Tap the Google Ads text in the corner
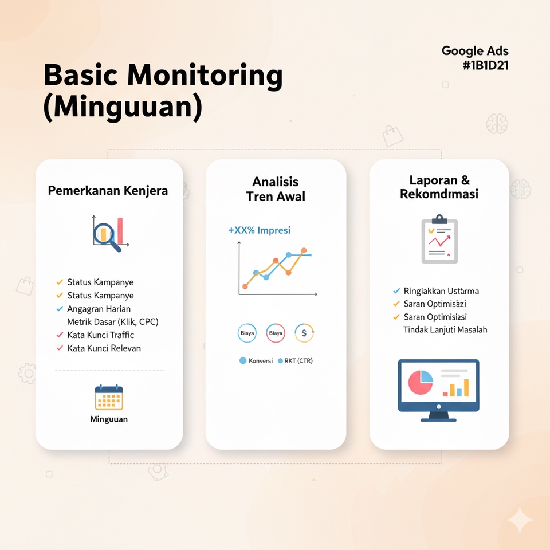[475, 51]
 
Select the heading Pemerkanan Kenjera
[108, 191]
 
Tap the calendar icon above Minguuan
[109, 398]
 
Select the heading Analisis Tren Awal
[276, 189]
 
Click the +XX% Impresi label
[259, 230]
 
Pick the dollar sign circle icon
[304, 333]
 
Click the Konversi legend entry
[256, 360]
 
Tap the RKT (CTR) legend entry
[295, 360]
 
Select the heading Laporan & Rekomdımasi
[439, 187]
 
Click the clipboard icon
[439, 239]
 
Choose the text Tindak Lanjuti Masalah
[445, 330]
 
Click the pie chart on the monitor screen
[421, 382]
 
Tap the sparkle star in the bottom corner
[520, 520]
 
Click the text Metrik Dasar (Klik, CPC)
[113, 321]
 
